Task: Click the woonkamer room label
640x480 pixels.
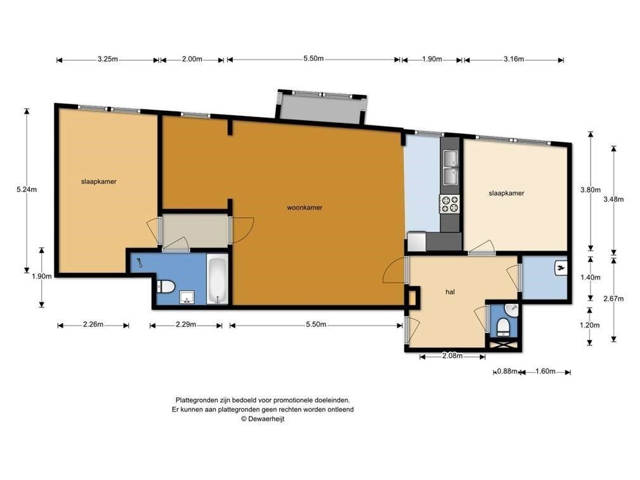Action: (x=304, y=207)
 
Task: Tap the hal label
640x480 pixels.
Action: (x=450, y=292)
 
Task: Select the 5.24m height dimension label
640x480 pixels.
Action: (x=27, y=189)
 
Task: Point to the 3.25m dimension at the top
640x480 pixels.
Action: (x=108, y=59)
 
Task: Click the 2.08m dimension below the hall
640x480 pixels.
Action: (x=452, y=355)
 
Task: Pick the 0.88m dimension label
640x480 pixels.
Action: (x=507, y=372)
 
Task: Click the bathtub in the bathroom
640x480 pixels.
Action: (x=217, y=279)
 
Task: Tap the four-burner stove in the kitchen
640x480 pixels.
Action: (x=449, y=204)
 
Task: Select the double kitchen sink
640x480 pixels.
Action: (x=450, y=167)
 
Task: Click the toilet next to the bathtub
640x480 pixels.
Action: (x=166, y=286)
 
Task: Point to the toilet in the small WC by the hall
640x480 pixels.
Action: (x=504, y=327)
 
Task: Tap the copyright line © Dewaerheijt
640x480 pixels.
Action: (x=263, y=419)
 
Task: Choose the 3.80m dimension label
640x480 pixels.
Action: (x=591, y=190)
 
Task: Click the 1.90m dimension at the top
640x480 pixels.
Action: (x=432, y=59)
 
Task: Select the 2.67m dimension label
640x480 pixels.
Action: (x=613, y=299)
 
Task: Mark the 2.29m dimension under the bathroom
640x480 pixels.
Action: (x=185, y=325)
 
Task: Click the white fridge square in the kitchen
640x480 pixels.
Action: (x=417, y=242)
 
